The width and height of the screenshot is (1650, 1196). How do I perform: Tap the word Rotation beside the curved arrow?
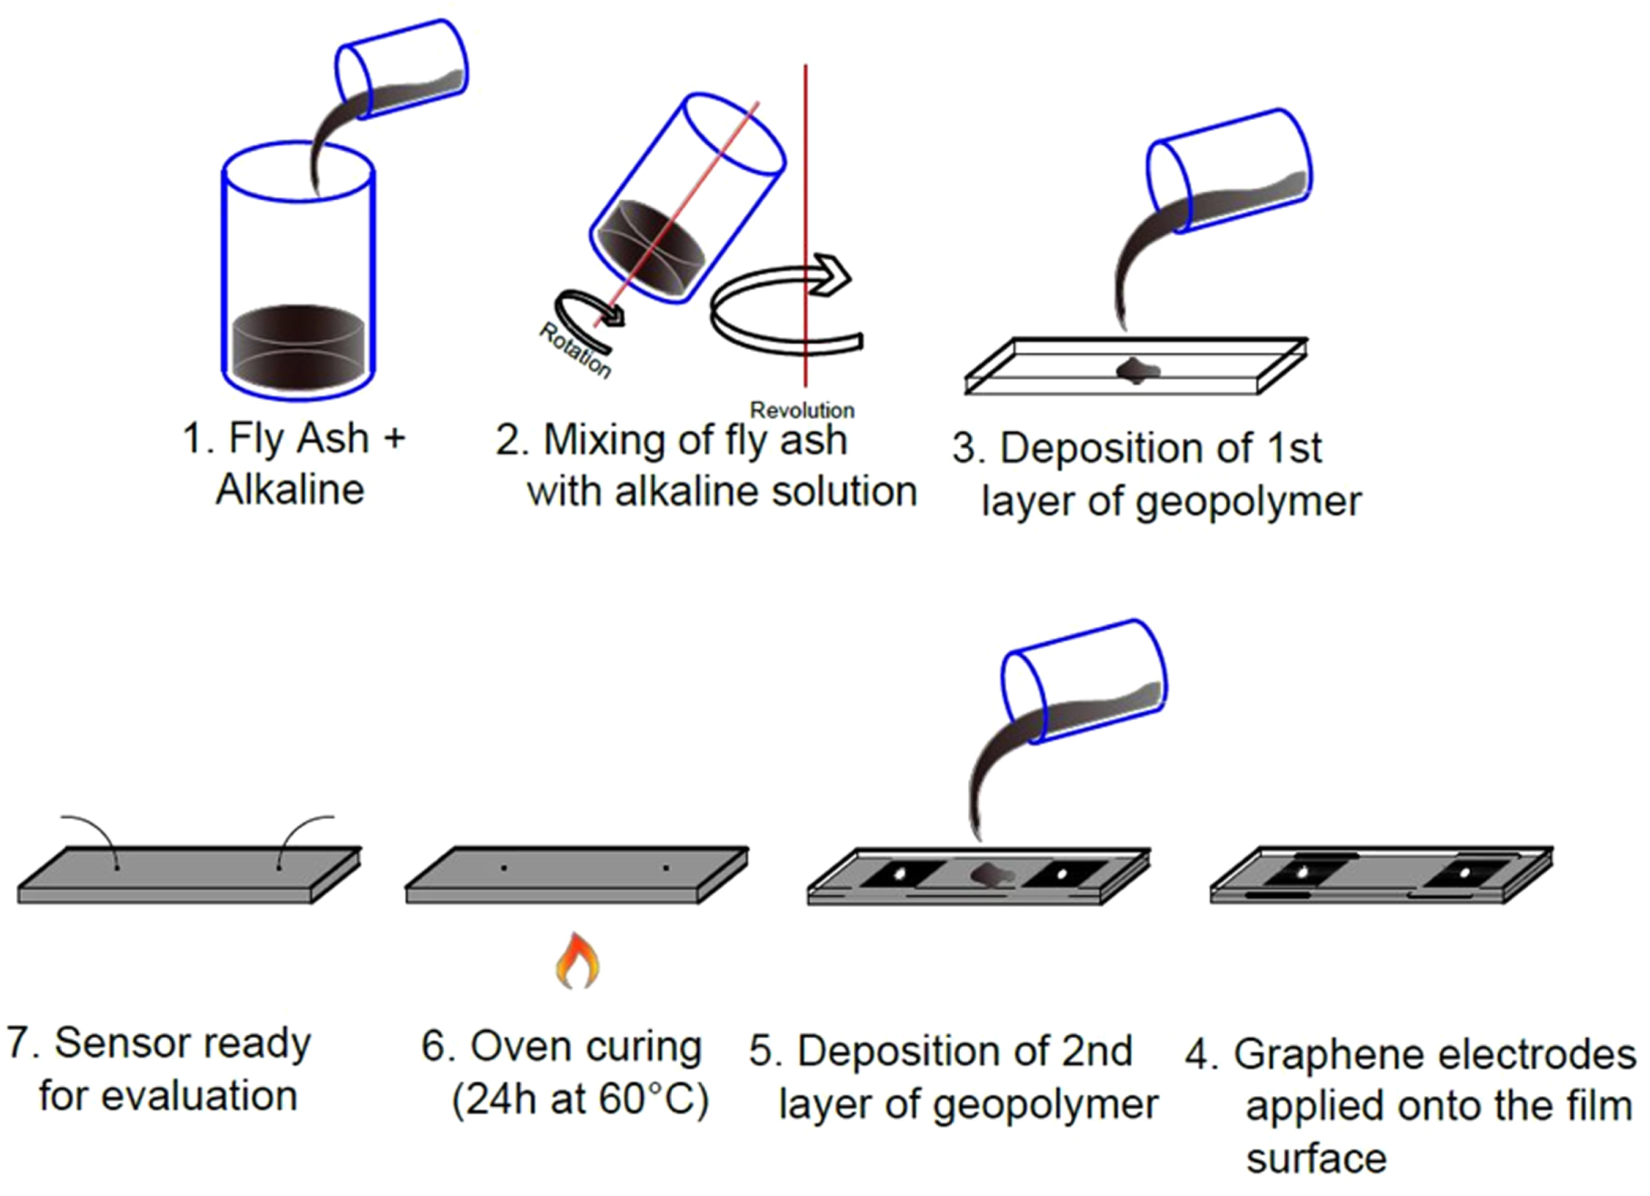click(575, 351)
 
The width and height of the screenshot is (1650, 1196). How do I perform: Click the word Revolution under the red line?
click(802, 410)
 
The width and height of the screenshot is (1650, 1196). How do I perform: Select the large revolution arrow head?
click(830, 274)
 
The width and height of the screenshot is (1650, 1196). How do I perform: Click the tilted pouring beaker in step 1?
click(402, 68)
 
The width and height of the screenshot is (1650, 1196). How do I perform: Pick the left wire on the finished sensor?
click(91, 832)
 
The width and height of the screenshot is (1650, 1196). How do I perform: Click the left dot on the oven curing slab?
click(505, 869)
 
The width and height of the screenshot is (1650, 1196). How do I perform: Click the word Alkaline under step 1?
click(290, 491)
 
